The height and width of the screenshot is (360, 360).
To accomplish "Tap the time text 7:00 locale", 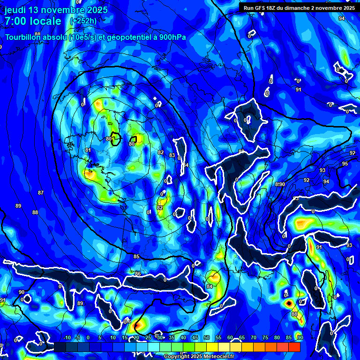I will tap(33, 21).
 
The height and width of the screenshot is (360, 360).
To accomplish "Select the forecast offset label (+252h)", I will tap(83, 21).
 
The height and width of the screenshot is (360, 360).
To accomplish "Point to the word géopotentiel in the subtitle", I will tap(126, 37).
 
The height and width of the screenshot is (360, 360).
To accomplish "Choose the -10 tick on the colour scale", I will tap(67, 337).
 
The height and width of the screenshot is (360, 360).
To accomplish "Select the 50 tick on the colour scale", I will tap(207, 337).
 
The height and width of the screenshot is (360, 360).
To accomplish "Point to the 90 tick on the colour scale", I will tap(300, 337).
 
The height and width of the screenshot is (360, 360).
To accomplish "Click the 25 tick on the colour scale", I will tap(148, 337).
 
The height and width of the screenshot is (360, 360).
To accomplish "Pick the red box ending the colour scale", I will tap(294, 347).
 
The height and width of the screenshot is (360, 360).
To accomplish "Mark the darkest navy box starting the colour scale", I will tap(60, 347).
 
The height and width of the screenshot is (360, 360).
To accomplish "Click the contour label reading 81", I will tap(88, 150).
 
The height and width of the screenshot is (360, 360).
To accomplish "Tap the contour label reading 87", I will tap(41, 193).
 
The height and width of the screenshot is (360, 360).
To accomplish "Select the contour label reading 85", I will tap(136, 256).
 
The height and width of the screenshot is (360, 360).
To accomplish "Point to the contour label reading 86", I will tap(138, 274).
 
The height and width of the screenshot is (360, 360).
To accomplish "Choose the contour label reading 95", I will tap(345, 164).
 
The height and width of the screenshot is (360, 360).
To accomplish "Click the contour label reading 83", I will tap(172, 155).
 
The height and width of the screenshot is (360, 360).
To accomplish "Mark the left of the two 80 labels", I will tap(109, 139).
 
